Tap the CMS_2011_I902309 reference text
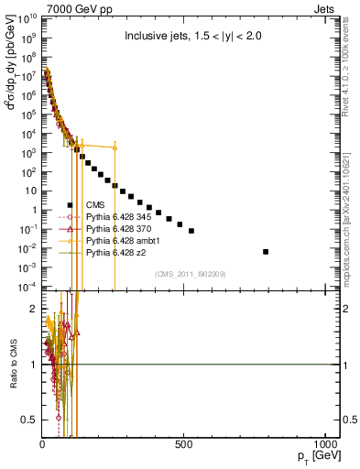[182, 274]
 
